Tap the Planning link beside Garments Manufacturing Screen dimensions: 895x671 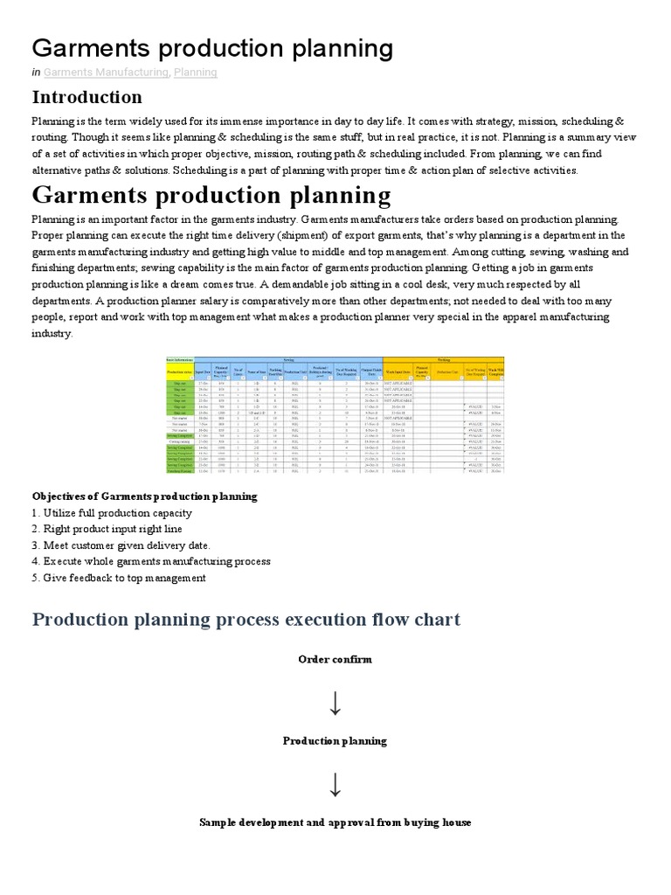click(195, 73)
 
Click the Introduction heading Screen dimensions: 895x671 click(86, 97)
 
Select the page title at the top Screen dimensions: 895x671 click(212, 47)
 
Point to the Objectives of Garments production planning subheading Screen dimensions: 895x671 click(145, 496)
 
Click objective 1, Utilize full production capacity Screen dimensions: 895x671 click(112, 513)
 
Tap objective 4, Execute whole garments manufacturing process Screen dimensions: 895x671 click(151, 561)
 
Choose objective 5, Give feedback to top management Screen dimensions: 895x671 click(119, 578)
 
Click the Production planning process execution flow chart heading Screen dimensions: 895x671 click(246, 620)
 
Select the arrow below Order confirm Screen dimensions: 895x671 click(335, 701)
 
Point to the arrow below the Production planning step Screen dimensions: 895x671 click(335, 783)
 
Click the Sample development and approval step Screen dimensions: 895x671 click(335, 822)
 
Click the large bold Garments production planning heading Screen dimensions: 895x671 click(211, 194)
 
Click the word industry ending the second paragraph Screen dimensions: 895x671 click(52, 333)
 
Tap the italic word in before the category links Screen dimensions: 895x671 click(36, 73)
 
